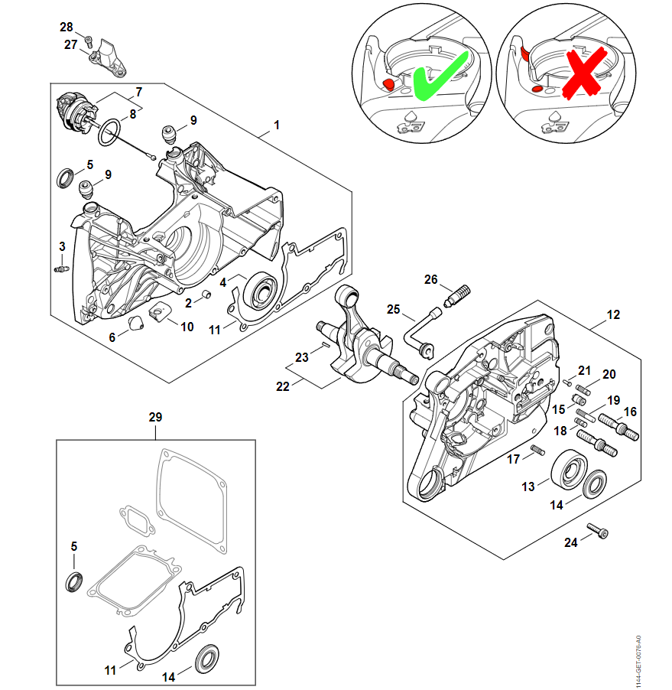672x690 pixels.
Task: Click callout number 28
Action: [67, 27]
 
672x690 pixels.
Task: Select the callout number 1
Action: [277, 125]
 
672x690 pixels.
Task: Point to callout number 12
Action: [614, 314]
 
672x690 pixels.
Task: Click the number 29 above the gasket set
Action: [156, 417]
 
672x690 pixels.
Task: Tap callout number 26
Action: [431, 280]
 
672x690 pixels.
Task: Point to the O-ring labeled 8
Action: [109, 131]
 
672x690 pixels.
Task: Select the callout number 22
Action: [283, 386]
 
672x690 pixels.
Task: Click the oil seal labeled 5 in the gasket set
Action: [74, 582]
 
